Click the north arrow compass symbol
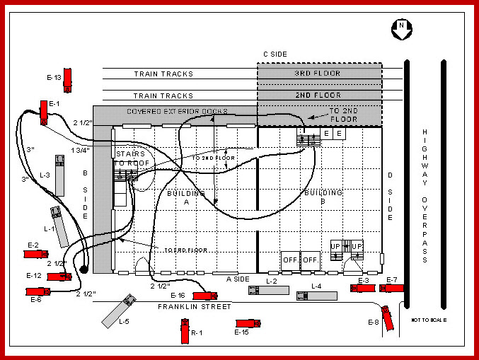click(x=401, y=28)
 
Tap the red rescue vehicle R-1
click(x=185, y=331)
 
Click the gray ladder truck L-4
click(x=316, y=296)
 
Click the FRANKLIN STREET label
click(x=195, y=307)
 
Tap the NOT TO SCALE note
click(x=428, y=320)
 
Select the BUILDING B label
click(x=323, y=192)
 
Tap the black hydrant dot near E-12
click(x=83, y=269)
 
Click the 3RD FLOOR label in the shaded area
click(x=318, y=74)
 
